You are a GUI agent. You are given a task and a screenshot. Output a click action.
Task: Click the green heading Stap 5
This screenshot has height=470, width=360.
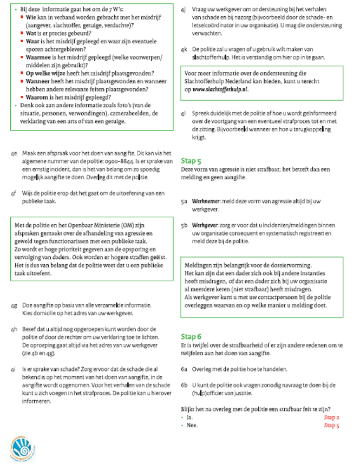point(191,161)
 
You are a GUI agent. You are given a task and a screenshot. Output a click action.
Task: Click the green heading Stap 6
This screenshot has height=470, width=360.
point(191,336)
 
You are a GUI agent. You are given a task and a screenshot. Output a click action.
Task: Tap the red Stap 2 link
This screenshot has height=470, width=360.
point(331,417)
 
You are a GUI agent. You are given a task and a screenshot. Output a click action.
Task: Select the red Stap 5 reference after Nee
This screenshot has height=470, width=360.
point(331,425)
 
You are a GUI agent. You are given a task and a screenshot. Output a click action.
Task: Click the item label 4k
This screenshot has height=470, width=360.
point(184,49)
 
